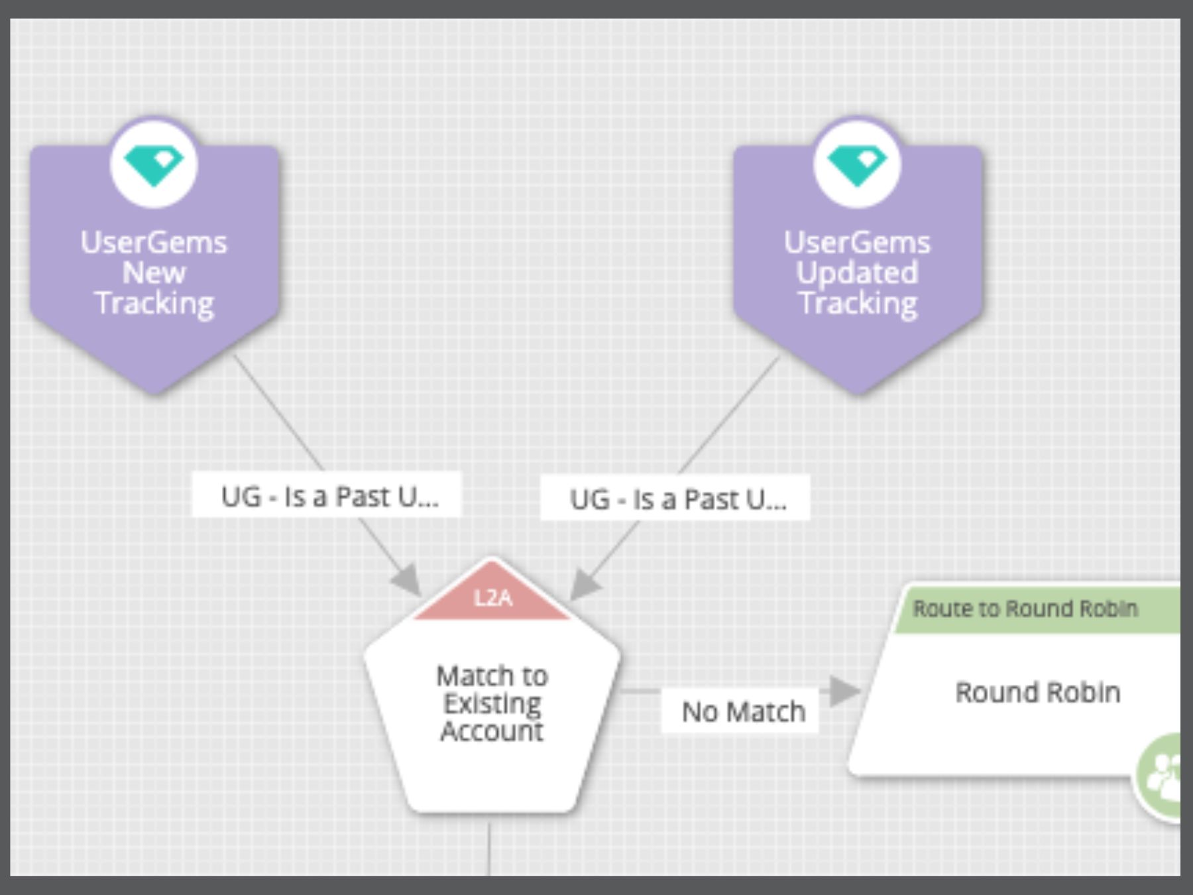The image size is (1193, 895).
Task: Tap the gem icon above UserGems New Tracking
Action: [154, 164]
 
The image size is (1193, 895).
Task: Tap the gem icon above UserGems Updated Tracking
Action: [858, 164]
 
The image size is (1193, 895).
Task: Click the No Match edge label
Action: [742, 712]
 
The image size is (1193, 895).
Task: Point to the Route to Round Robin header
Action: [1025, 609]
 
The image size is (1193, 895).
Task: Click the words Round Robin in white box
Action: [1037, 693]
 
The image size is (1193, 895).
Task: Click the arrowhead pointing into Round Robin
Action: [843, 691]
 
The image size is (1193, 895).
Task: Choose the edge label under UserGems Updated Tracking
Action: [677, 499]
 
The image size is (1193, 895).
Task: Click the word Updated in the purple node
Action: [858, 272]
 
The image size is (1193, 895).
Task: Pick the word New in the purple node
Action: [154, 272]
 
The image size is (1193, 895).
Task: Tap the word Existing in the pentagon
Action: [492, 703]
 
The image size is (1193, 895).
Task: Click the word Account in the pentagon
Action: [492, 731]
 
